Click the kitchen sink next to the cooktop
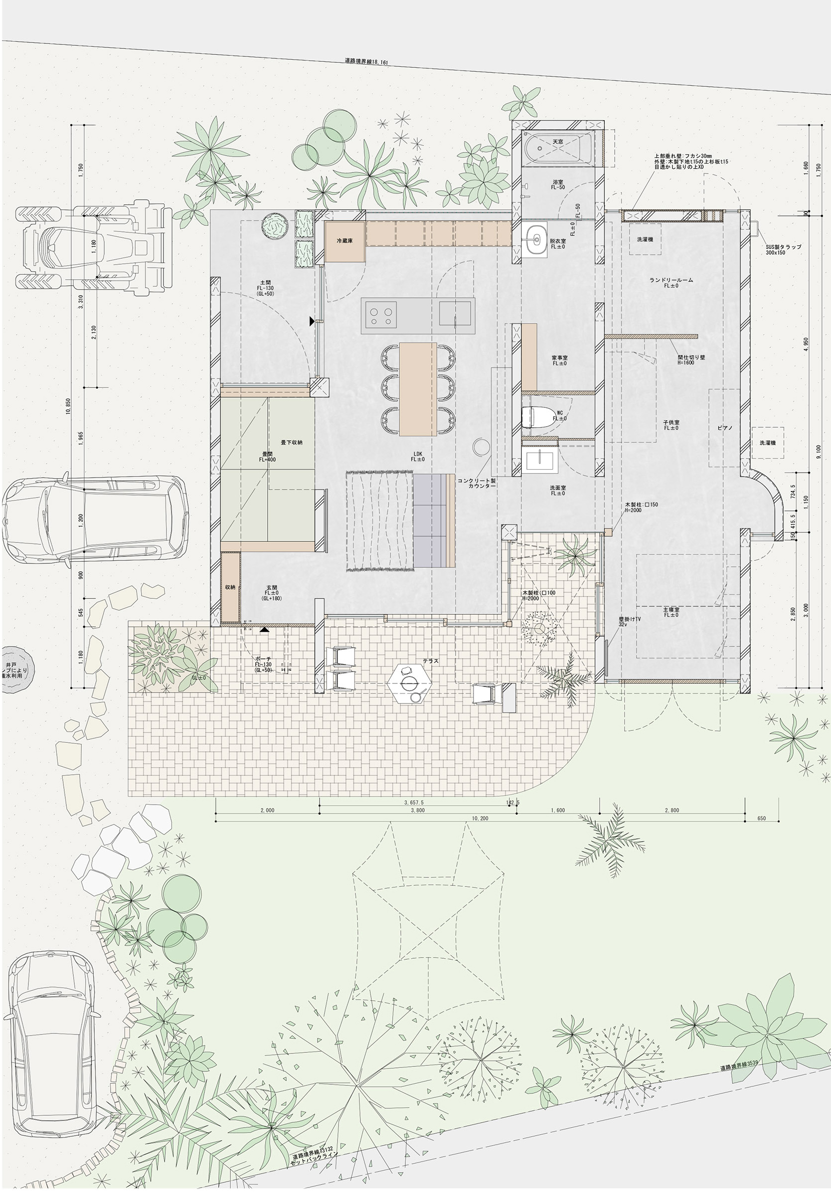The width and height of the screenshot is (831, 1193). pyautogui.click(x=455, y=314)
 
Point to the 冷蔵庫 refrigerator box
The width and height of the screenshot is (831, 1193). pyautogui.click(x=345, y=242)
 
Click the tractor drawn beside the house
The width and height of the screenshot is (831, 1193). pyautogui.click(x=94, y=247)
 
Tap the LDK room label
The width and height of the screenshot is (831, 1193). pyautogui.click(x=417, y=456)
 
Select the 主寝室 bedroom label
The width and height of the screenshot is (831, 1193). pyautogui.click(x=670, y=612)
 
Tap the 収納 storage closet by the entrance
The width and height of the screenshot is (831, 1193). pyautogui.click(x=230, y=587)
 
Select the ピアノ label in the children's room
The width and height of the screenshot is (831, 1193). pyautogui.click(x=724, y=428)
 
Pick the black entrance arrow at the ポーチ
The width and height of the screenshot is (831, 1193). pyautogui.click(x=265, y=629)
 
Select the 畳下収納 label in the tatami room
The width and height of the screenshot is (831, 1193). pyautogui.click(x=291, y=442)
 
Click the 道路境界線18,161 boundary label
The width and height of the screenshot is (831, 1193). pyautogui.click(x=366, y=61)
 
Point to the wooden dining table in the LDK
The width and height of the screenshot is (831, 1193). pyautogui.click(x=417, y=388)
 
